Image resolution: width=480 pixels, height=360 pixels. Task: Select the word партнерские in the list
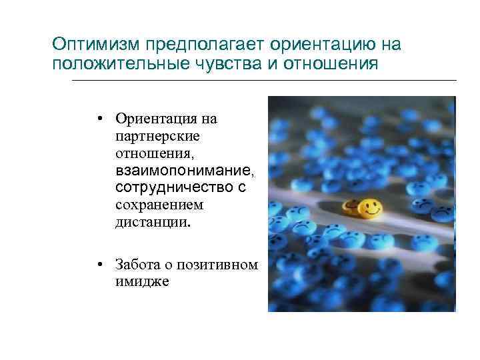click(157, 137)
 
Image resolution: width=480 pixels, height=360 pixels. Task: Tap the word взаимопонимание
click(185, 171)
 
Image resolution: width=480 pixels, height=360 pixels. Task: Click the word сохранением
click(159, 206)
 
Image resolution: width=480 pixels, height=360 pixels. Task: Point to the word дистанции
click(151, 223)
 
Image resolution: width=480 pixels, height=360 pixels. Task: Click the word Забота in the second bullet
click(136, 265)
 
